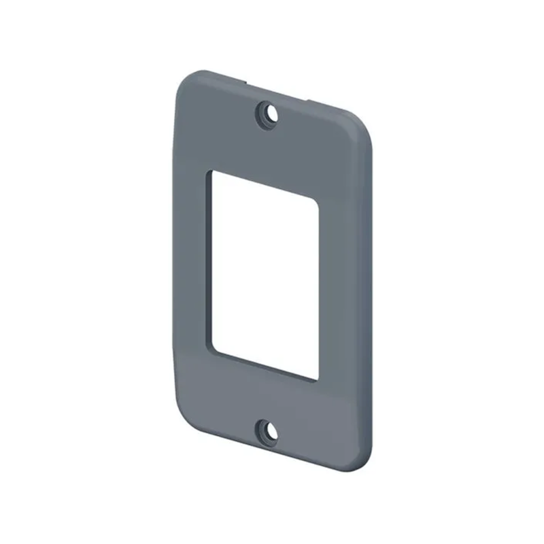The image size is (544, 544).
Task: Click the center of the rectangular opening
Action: [266, 273]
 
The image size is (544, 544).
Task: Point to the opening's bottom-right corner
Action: [316, 379]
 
